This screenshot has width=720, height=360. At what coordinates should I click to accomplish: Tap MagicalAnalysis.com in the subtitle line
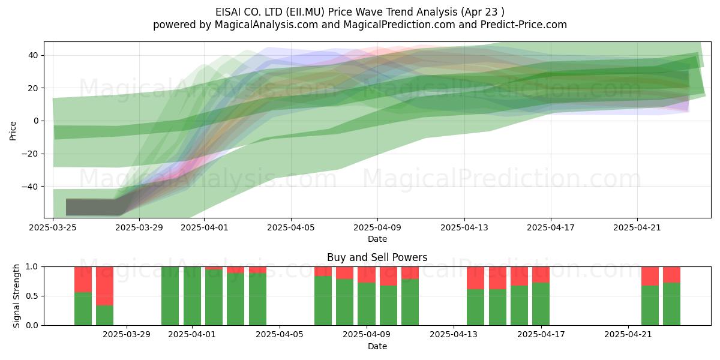point(266,25)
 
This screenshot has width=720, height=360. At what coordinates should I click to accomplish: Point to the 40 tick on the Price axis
point(33,55)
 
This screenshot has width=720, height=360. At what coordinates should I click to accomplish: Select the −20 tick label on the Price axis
point(30,154)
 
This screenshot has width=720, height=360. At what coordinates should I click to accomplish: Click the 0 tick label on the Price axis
point(36,121)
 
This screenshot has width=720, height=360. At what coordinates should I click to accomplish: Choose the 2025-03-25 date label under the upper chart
point(53,227)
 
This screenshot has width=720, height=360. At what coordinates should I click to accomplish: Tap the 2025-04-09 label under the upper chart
point(377,227)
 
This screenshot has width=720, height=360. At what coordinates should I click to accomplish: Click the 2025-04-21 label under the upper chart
point(637,227)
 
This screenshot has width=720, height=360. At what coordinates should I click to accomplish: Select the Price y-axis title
point(13,131)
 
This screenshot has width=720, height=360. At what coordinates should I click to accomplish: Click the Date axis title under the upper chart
point(377,239)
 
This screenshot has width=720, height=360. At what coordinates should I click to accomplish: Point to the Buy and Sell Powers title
point(377,257)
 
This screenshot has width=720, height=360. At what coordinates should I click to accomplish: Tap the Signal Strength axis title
point(16,296)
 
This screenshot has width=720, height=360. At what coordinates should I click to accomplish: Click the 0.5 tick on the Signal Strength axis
point(32,296)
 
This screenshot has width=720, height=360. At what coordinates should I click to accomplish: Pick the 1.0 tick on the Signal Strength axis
point(32,266)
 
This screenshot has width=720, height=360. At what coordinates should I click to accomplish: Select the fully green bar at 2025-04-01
point(192,296)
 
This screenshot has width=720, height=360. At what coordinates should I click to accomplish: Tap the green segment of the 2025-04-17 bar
point(541,304)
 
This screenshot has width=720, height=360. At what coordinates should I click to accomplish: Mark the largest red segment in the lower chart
point(105,286)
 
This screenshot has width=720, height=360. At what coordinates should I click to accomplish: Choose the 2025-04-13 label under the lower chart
point(454,335)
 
